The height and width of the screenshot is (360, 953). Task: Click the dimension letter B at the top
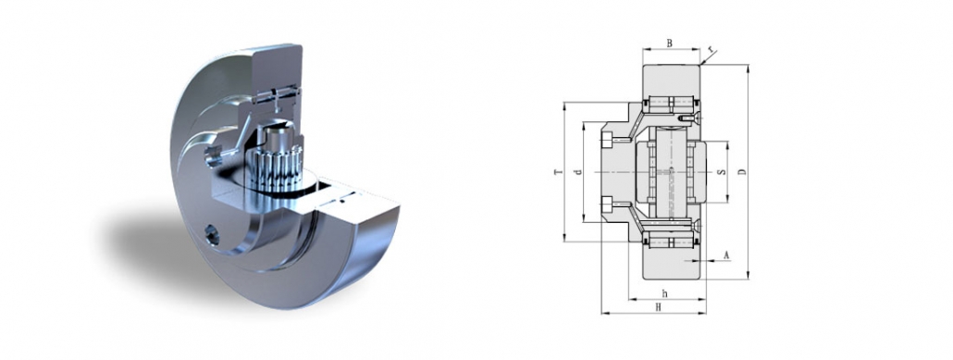pyautogui.click(x=670, y=42)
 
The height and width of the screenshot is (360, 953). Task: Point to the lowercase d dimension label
pyautogui.click(x=576, y=173)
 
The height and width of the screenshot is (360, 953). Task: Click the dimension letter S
pyautogui.click(x=721, y=172)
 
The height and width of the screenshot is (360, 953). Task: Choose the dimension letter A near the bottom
pyautogui.click(x=726, y=254)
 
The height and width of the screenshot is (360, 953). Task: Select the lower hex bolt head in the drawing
pyautogui.click(x=606, y=205)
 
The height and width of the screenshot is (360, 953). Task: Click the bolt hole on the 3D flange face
pyautogui.click(x=215, y=238)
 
